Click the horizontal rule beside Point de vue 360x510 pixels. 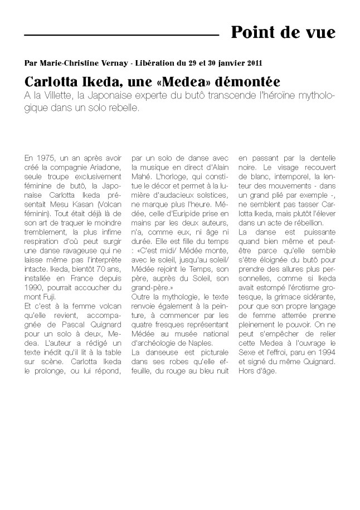(121, 36)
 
